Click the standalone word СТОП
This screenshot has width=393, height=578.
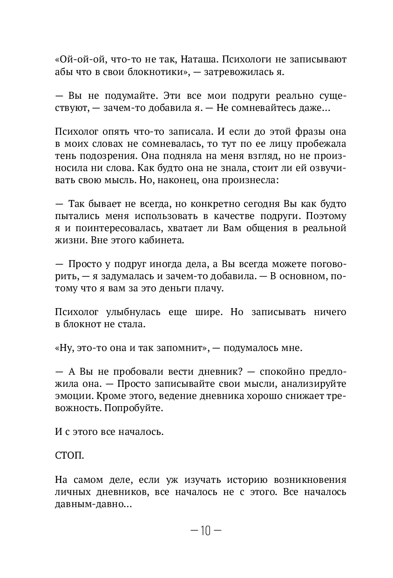pos(69,455)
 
